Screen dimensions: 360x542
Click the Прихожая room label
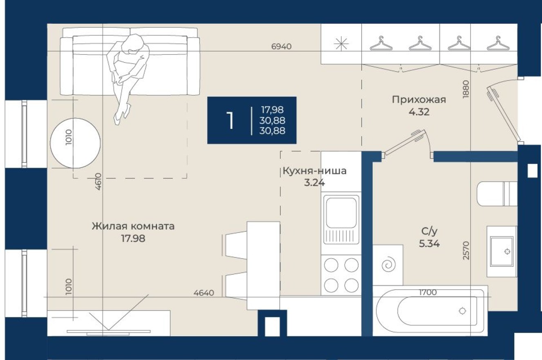[419, 99]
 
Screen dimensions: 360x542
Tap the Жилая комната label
[133, 226]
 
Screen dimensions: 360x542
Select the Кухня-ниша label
[314, 171]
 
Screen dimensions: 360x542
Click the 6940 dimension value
[281, 47]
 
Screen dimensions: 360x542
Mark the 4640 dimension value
[204, 292]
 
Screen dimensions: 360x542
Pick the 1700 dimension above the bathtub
[428, 292]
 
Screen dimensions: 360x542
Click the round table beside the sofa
[75, 143]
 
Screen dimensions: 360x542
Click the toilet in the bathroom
[497, 193]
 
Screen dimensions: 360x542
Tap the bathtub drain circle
[462, 311]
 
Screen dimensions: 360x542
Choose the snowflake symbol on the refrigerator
[341, 43]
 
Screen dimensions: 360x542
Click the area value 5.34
[429, 244]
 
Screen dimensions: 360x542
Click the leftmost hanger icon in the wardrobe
[381, 43]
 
